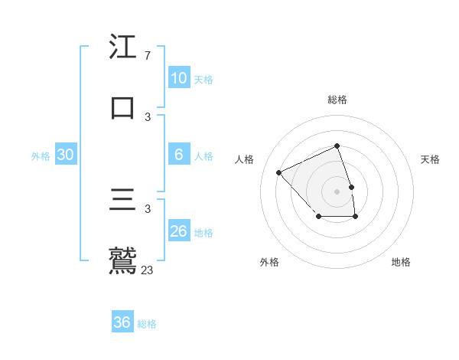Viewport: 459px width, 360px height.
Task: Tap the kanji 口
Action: pos(122,108)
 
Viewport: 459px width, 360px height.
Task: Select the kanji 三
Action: pos(122,200)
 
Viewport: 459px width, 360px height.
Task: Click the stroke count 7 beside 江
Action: pos(147,56)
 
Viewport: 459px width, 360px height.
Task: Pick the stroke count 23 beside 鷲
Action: pos(148,270)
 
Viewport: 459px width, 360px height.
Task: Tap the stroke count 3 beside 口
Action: pos(148,117)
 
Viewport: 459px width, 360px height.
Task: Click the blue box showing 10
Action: pos(179,78)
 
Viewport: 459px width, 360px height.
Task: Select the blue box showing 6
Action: pos(179,155)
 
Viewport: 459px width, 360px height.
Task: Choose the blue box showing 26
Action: pos(179,231)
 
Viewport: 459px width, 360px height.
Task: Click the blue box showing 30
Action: pos(66,155)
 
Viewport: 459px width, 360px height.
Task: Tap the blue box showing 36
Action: pos(122,322)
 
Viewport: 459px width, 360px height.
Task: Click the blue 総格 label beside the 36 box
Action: pos(147,324)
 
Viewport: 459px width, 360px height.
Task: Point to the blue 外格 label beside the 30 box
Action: pos(41,156)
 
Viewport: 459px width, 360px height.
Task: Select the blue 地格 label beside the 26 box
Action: pos(204,233)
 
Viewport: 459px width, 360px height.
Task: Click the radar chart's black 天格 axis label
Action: pos(431,159)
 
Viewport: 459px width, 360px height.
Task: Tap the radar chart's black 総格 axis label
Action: pos(337,100)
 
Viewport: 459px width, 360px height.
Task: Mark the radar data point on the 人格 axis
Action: pos(279,172)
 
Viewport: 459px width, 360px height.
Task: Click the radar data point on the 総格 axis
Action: pos(337,146)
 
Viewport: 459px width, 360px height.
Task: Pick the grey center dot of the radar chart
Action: pos(337,190)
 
